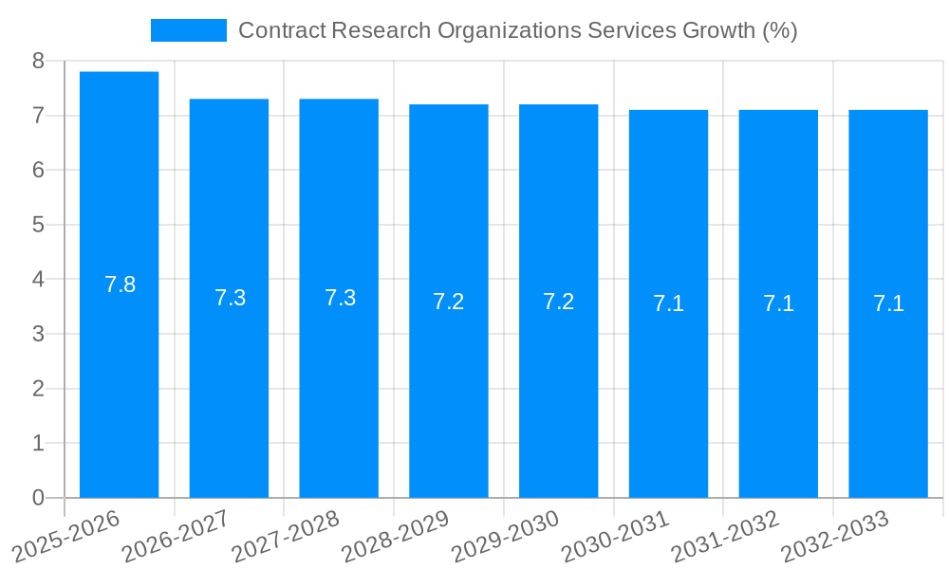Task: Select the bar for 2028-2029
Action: [449, 398]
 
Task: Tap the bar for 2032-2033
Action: [888, 398]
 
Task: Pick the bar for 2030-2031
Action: [668, 398]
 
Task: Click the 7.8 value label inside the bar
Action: [120, 284]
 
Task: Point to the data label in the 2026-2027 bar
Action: [230, 298]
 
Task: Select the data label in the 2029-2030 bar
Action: [558, 302]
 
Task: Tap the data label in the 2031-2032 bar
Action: [778, 303]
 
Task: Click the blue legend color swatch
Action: [189, 30]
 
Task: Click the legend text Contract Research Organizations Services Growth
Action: [517, 30]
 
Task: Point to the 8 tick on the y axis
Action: [38, 62]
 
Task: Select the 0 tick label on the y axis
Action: [38, 498]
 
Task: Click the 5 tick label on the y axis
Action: [38, 226]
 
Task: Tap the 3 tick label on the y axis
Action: [38, 335]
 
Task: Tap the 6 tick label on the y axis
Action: [38, 171]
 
